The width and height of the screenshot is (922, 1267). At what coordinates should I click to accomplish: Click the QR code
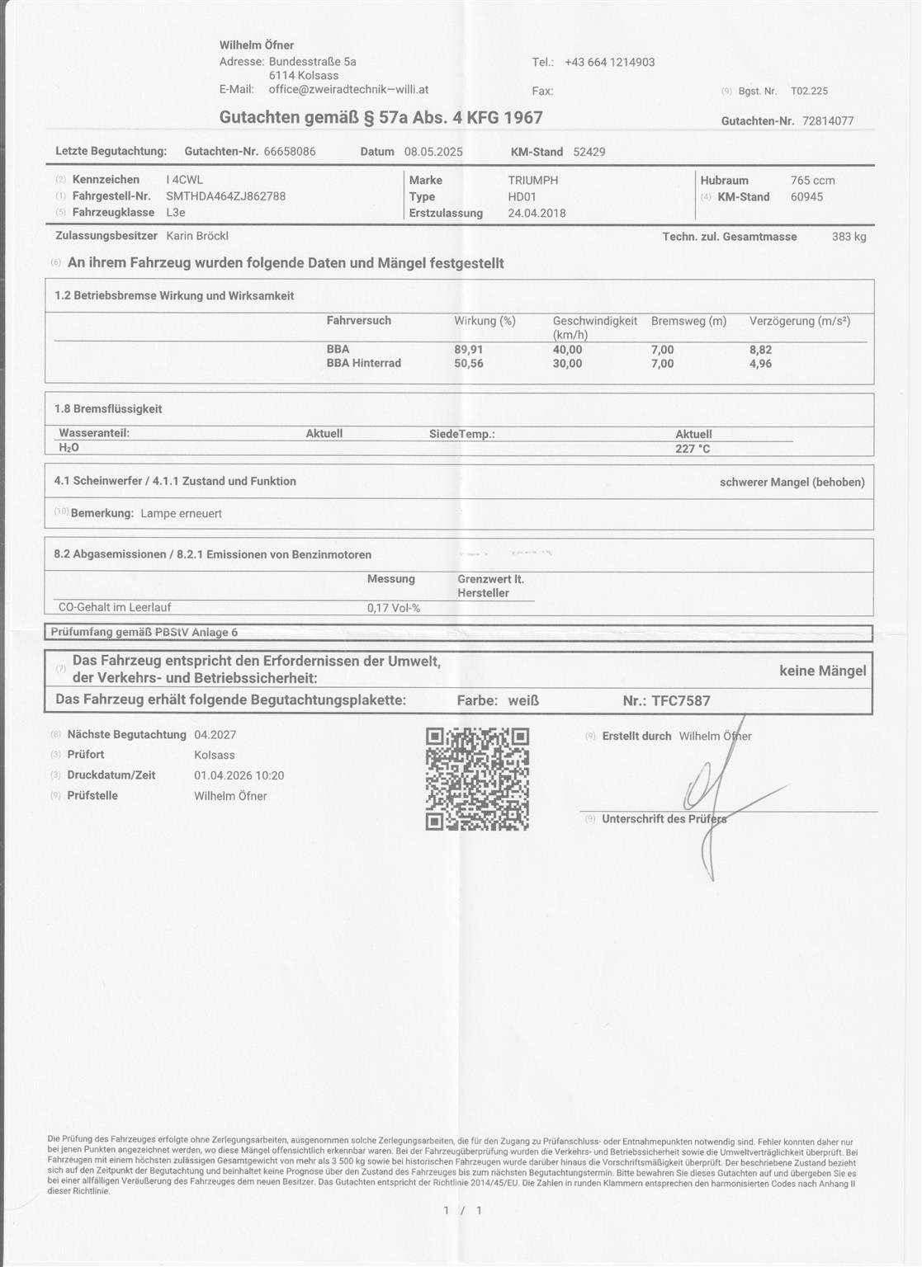(477, 779)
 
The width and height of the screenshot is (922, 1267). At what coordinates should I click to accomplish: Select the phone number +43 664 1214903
(609, 62)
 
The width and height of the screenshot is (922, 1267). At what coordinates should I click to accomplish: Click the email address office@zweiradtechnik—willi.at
(348, 90)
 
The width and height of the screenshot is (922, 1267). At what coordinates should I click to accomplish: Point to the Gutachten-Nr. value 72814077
(828, 121)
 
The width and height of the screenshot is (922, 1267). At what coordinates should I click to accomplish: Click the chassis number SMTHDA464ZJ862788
(226, 196)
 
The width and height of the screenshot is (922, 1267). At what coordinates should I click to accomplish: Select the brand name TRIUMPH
(533, 180)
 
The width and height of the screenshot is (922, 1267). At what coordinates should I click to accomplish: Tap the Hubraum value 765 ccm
(812, 180)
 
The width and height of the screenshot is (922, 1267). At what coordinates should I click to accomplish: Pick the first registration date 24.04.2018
(537, 213)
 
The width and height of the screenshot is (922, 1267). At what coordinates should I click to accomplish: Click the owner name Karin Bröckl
(197, 236)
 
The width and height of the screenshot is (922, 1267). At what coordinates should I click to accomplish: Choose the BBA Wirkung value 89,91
(469, 350)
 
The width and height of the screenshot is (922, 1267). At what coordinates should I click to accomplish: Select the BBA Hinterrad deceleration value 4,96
(760, 364)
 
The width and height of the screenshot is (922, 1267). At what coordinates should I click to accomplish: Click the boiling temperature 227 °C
(693, 449)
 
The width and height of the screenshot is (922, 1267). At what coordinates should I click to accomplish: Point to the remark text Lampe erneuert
(182, 513)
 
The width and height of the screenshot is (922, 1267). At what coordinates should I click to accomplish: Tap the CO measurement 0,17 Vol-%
(394, 608)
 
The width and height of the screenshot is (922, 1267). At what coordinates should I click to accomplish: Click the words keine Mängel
(822, 671)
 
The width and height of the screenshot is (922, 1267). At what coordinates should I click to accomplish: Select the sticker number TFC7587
(681, 700)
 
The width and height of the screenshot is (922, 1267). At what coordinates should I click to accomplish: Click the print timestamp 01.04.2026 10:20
(239, 775)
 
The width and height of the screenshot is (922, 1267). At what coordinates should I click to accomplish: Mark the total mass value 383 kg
(849, 237)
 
